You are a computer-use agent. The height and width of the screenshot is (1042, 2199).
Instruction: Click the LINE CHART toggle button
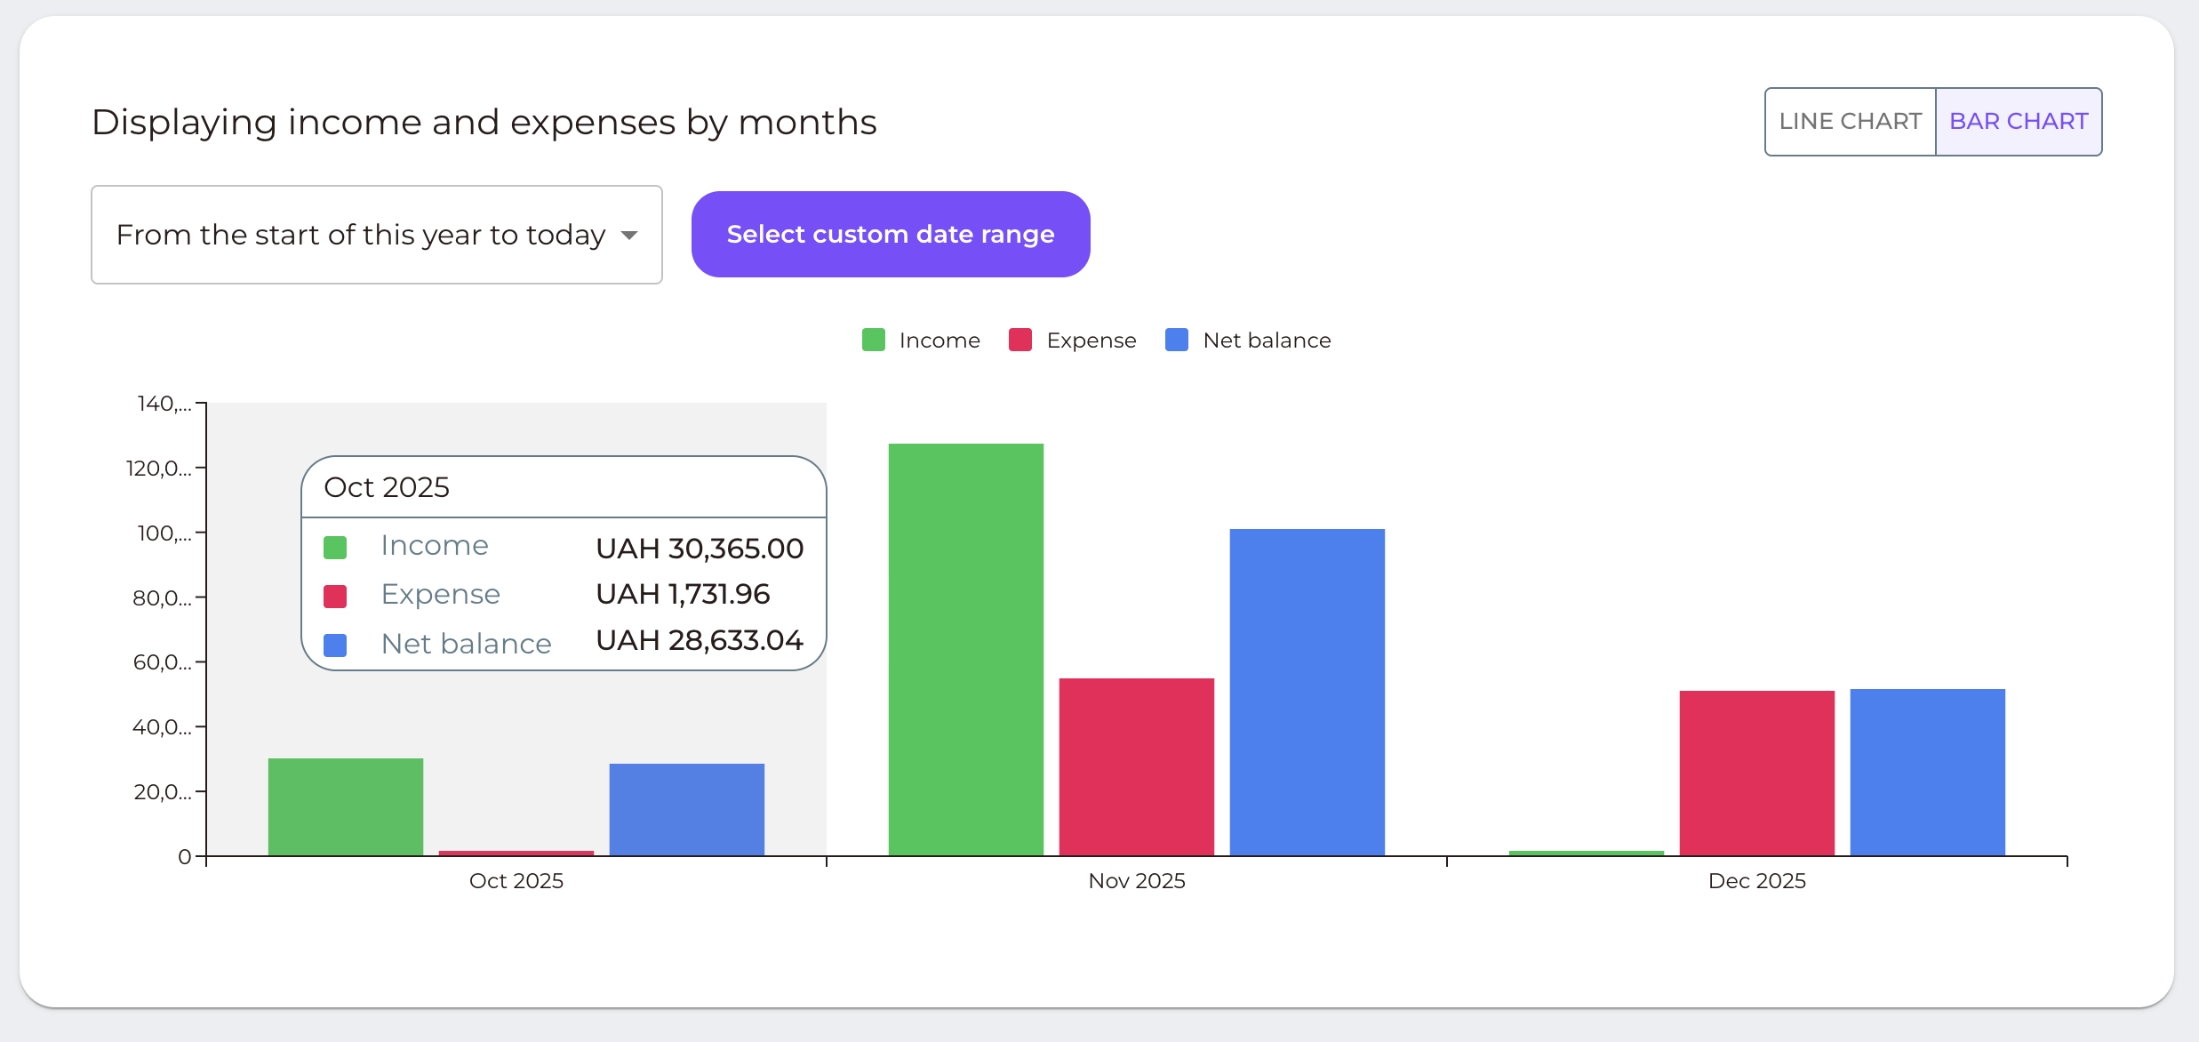point(1850,122)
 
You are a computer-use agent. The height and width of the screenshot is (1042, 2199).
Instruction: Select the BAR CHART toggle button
point(2018,122)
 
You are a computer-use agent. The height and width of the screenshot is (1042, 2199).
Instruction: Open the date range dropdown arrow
point(629,236)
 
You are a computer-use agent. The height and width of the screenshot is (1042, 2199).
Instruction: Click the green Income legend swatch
point(874,341)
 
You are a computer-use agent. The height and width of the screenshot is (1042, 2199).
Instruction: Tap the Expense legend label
point(1091,341)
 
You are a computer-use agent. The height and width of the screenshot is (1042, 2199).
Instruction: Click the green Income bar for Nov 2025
point(965,649)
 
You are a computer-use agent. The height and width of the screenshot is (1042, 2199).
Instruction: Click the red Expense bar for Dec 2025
point(1756,773)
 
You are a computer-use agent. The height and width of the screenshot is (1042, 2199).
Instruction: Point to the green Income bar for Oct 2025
point(346,806)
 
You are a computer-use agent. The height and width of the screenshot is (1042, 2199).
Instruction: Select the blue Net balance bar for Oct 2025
point(686,809)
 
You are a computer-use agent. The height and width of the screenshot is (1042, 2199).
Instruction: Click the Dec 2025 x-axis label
point(1756,881)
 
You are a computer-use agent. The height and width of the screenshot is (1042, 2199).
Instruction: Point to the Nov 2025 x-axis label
point(1136,881)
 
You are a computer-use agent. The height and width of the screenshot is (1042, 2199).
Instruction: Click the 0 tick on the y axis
point(185,857)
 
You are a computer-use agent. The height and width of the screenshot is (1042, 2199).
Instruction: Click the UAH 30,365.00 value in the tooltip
point(700,549)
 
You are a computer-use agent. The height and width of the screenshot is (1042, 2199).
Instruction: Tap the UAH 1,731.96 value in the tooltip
point(683,594)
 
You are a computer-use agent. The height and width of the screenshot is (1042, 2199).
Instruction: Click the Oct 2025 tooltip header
point(387,487)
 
